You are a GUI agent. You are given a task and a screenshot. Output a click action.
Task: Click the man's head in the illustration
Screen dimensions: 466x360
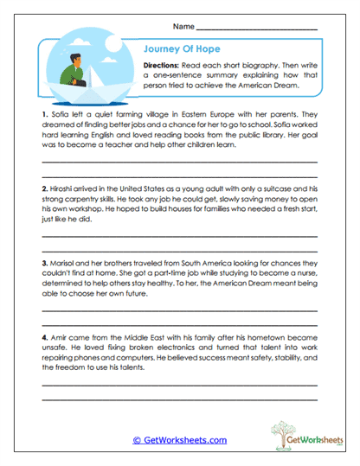[x=78, y=58]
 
